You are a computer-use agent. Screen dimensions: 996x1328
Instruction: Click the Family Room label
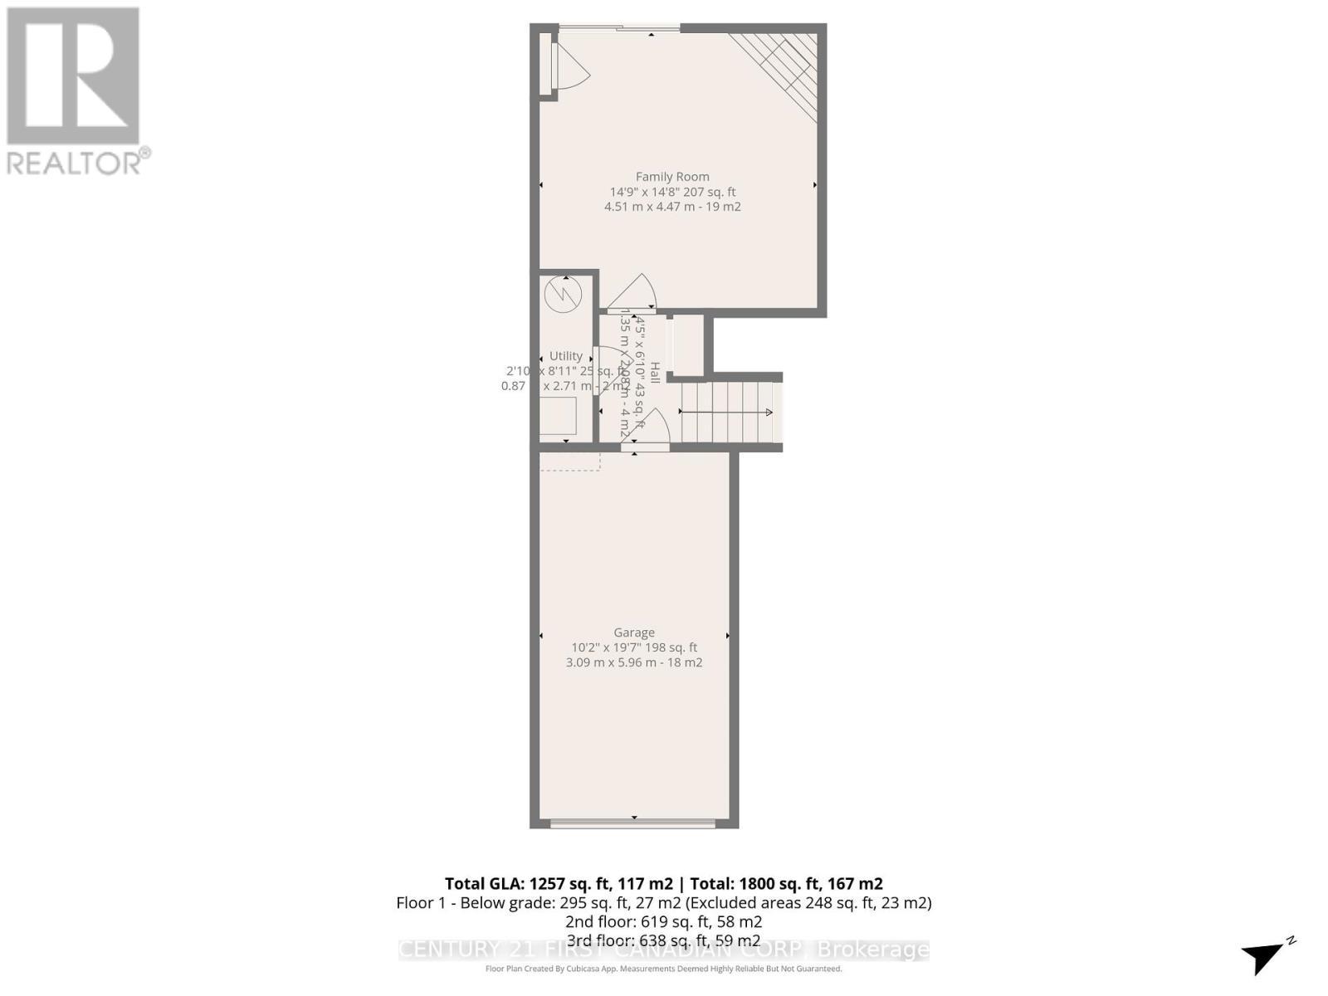click(672, 176)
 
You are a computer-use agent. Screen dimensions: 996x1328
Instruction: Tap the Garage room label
click(634, 632)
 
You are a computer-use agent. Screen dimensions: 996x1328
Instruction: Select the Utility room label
click(566, 356)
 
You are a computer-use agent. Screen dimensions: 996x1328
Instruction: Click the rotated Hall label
click(655, 373)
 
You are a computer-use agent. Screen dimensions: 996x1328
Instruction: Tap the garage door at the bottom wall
click(633, 823)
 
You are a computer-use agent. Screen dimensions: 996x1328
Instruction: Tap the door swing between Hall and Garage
click(652, 428)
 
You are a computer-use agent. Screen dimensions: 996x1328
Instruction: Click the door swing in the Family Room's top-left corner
click(569, 66)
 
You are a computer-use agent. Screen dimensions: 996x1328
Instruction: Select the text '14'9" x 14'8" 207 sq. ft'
click(672, 192)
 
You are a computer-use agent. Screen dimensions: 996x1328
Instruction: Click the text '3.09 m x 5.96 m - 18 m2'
click(634, 662)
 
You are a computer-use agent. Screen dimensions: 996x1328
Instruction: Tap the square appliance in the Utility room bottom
click(558, 416)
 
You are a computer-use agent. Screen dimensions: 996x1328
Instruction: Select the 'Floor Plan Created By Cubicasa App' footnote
click(664, 969)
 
